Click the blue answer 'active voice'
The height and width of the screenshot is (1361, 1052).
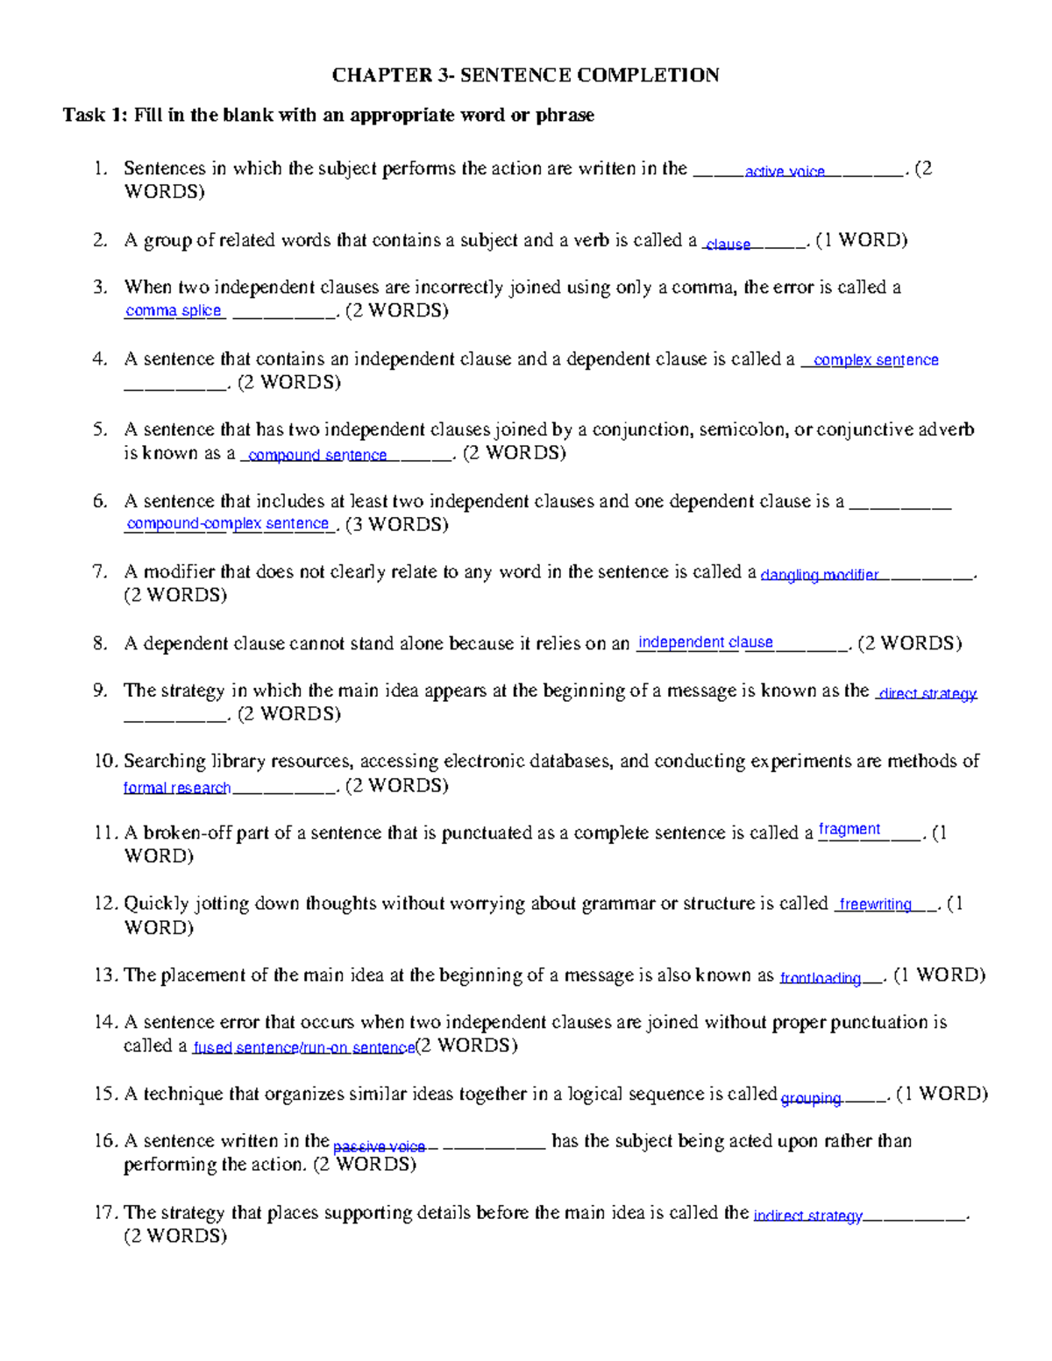pos(785,172)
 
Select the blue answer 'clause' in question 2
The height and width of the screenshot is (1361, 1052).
pos(728,245)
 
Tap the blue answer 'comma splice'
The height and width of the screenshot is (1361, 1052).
pos(174,310)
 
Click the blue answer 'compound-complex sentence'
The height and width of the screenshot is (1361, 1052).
pos(228,523)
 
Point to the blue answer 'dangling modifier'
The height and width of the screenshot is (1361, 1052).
pos(820,575)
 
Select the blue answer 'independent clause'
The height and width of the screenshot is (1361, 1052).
pos(706,642)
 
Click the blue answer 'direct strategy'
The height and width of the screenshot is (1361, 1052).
pos(928,693)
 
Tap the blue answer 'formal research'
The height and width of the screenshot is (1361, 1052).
pos(177,787)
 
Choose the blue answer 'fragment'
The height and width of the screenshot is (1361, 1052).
pos(849,829)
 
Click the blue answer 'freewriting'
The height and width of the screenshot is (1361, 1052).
pos(875,904)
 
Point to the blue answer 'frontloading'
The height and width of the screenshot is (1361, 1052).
pos(821,978)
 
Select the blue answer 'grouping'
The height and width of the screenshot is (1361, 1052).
pos(811,1097)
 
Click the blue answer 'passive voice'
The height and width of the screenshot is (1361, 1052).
pos(379,1146)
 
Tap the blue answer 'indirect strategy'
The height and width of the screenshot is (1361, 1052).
pos(808,1216)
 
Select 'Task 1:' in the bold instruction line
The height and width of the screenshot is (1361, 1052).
pos(96,115)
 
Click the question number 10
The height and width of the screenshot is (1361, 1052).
pos(105,761)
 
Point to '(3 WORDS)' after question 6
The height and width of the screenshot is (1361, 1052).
pos(397,524)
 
